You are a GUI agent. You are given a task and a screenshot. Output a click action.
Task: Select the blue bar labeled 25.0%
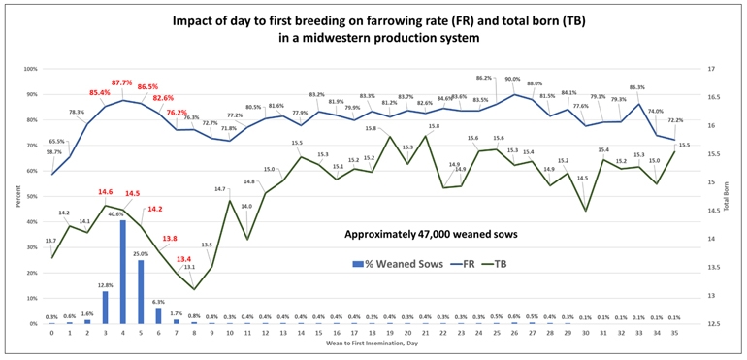(141, 292)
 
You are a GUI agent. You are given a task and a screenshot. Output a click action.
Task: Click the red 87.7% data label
(122, 83)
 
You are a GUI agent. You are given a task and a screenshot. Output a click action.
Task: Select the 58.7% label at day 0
(54, 152)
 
